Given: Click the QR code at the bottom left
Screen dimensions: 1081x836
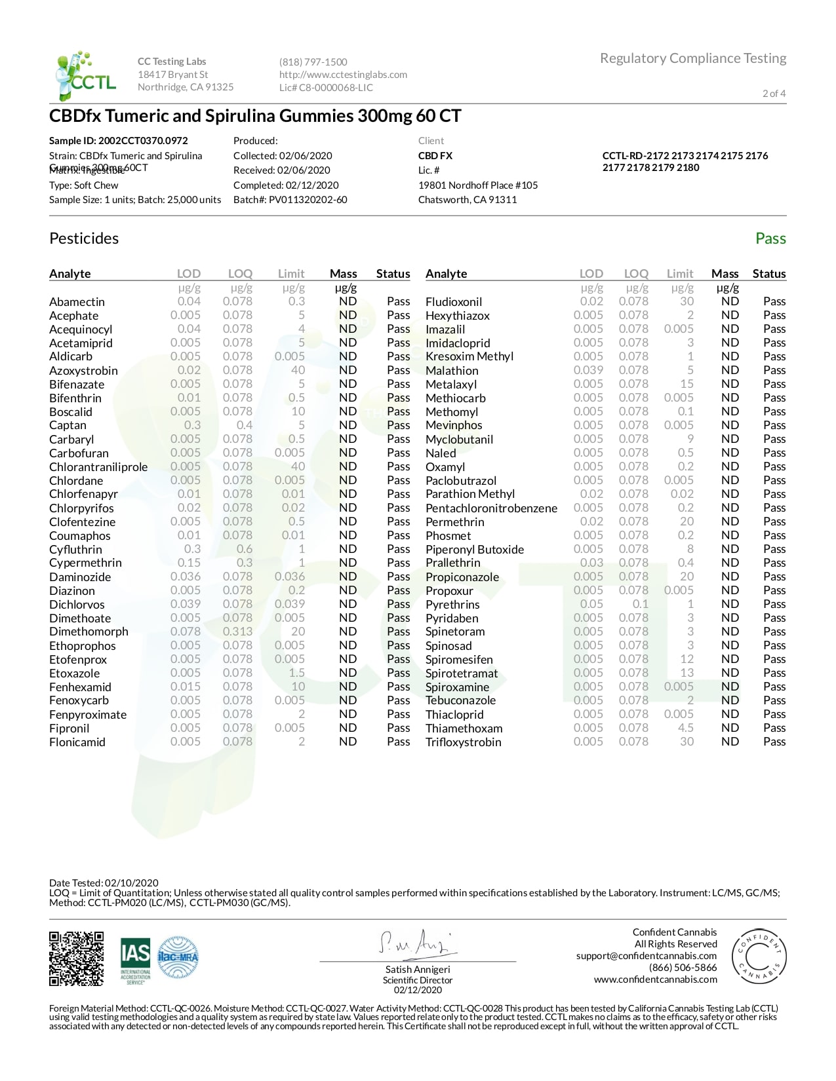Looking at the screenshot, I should pos(77,958).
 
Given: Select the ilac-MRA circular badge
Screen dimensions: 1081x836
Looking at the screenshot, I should pos(178,958).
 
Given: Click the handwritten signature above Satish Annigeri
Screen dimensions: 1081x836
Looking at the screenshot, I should pos(416,943).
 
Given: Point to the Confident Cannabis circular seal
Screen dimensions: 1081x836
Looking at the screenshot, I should pos(759,956).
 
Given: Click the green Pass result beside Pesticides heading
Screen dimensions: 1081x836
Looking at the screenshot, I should pos(770,238).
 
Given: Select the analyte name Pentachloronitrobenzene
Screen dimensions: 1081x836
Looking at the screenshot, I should pos(491,508).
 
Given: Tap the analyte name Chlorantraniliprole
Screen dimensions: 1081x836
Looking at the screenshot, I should pos(98,467).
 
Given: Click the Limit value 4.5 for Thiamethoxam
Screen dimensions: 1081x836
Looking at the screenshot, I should pos(685,728).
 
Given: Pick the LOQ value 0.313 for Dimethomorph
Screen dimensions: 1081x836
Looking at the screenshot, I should pos(237,632).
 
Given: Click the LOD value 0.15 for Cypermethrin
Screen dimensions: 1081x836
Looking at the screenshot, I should pos(189,563).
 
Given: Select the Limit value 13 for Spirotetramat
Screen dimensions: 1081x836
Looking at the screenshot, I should pos(687,673).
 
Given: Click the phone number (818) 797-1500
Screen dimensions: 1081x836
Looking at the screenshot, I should pos(313,62).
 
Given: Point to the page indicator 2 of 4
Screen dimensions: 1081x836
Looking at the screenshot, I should pos(774,93).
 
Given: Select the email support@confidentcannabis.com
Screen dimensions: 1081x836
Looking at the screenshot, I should pos(646,956).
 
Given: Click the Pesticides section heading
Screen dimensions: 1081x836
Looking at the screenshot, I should pos(84,238).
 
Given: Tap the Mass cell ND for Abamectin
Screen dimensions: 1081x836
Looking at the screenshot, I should pos(348,301).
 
